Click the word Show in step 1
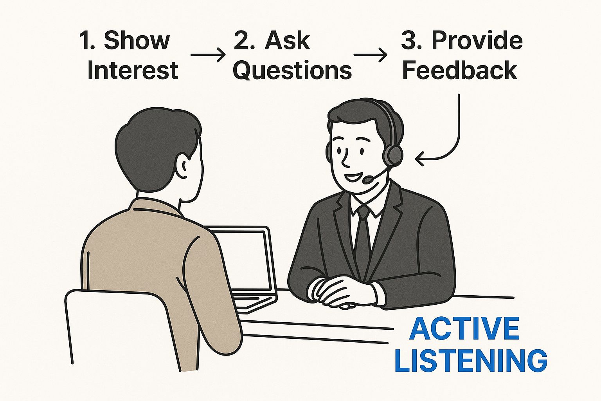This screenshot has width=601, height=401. [x=137, y=40]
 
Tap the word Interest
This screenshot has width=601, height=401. [x=133, y=70]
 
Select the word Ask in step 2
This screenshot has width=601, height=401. [x=287, y=40]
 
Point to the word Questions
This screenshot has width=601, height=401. [x=292, y=70]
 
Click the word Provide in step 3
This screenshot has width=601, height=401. [x=477, y=40]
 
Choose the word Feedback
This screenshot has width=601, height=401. [x=460, y=70]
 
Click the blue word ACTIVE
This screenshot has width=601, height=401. [x=464, y=329]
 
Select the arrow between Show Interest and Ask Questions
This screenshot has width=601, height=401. [x=208, y=55]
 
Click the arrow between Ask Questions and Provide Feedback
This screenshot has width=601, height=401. [x=370, y=55]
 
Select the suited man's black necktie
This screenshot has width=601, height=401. [x=363, y=239]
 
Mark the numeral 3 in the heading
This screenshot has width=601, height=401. [x=409, y=40]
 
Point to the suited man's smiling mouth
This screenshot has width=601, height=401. [x=352, y=177]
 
